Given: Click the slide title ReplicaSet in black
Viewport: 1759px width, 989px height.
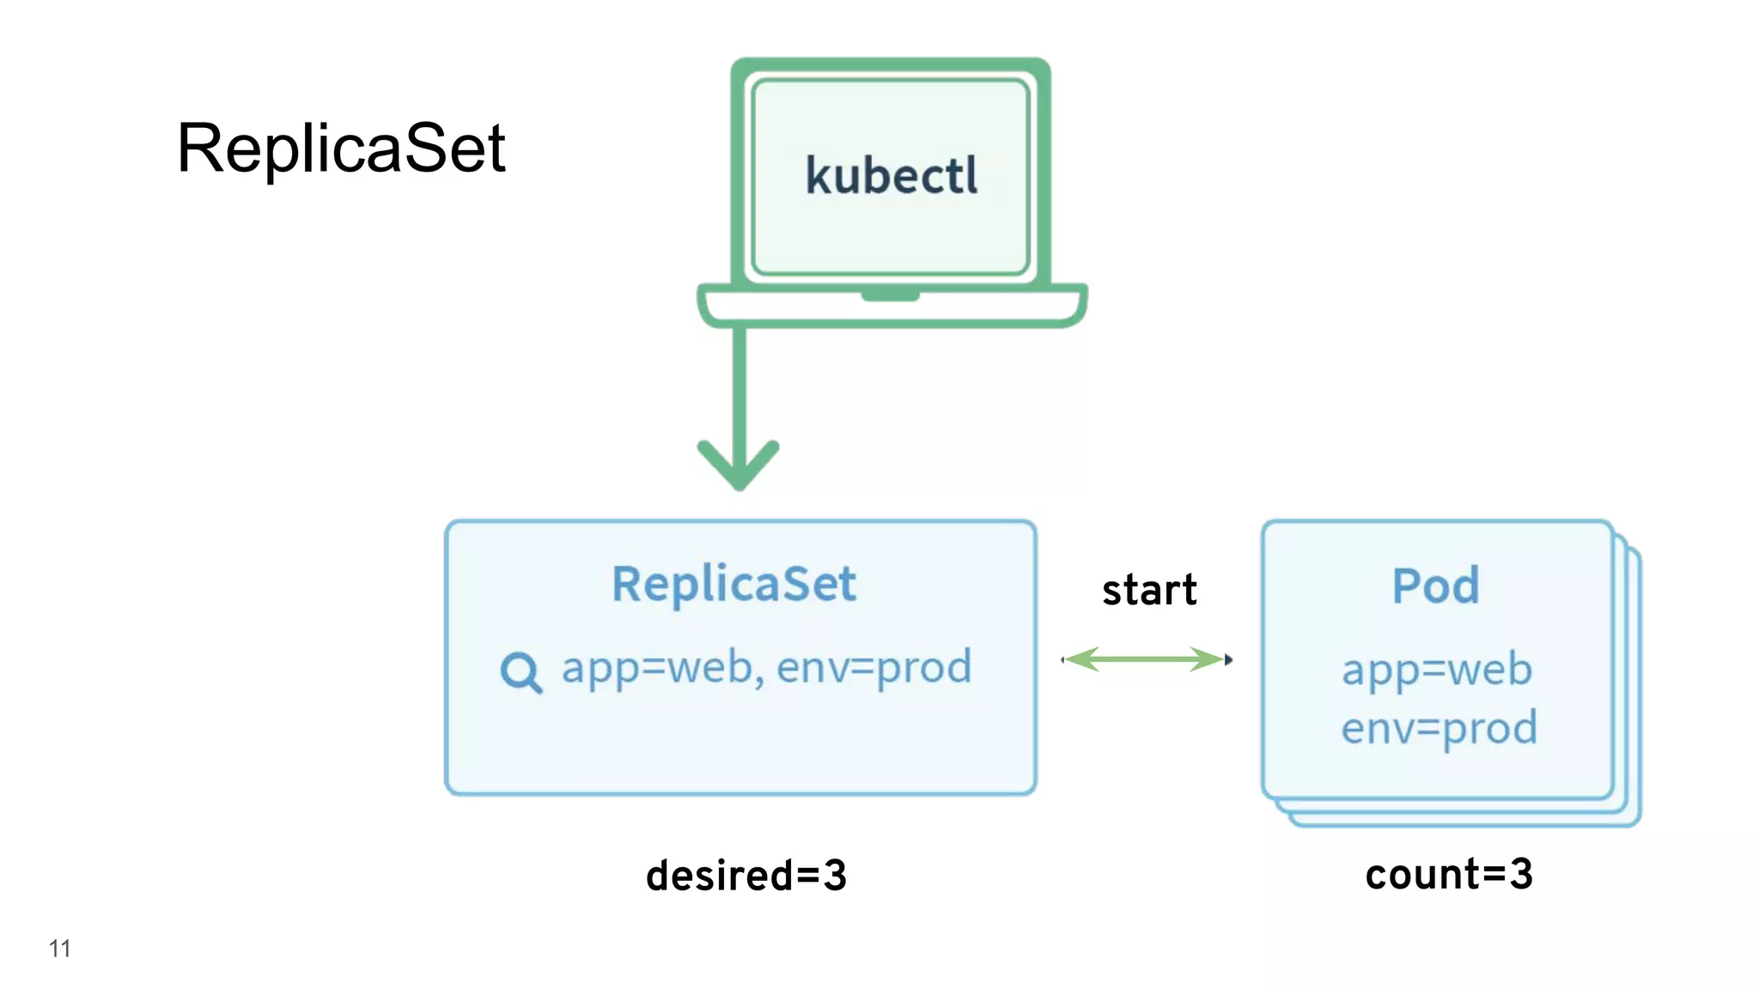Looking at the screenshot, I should point(341,149).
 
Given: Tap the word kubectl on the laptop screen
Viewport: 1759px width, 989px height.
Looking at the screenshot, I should point(892,176).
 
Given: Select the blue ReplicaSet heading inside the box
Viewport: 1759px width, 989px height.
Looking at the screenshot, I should point(733,585).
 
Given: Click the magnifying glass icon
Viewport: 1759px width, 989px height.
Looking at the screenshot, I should point(520,672).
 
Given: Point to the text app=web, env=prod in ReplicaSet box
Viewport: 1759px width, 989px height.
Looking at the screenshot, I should point(766,667).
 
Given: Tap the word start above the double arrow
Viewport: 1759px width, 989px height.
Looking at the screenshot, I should point(1149,590).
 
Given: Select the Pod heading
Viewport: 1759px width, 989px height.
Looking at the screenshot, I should point(1435,586).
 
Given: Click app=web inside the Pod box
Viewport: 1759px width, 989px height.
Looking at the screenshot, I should point(1437,669).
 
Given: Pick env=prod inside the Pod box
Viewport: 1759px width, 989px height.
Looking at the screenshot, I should point(1439,728).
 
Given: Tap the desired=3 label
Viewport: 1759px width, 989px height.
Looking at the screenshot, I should point(746,876).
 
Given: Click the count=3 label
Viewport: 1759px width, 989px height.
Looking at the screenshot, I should point(1449,874).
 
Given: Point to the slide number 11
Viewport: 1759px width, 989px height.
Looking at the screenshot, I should point(59,949).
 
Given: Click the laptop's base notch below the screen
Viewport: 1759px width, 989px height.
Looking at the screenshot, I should point(891,296).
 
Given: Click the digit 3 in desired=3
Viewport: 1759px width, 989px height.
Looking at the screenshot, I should point(835,876).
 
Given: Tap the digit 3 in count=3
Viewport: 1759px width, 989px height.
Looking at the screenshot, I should point(1521,874).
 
